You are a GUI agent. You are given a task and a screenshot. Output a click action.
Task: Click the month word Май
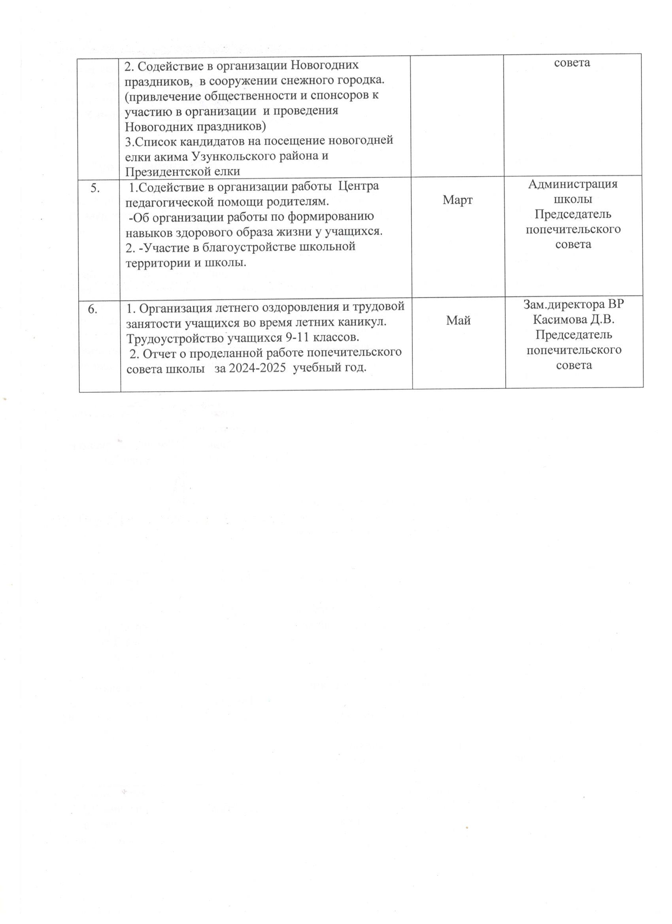pyautogui.click(x=459, y=321)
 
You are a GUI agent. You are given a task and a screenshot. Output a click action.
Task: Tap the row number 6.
pyautogui.click(x=93, y=309)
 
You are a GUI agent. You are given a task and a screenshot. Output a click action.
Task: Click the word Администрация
pyautogui.click(x=572, y=184)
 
